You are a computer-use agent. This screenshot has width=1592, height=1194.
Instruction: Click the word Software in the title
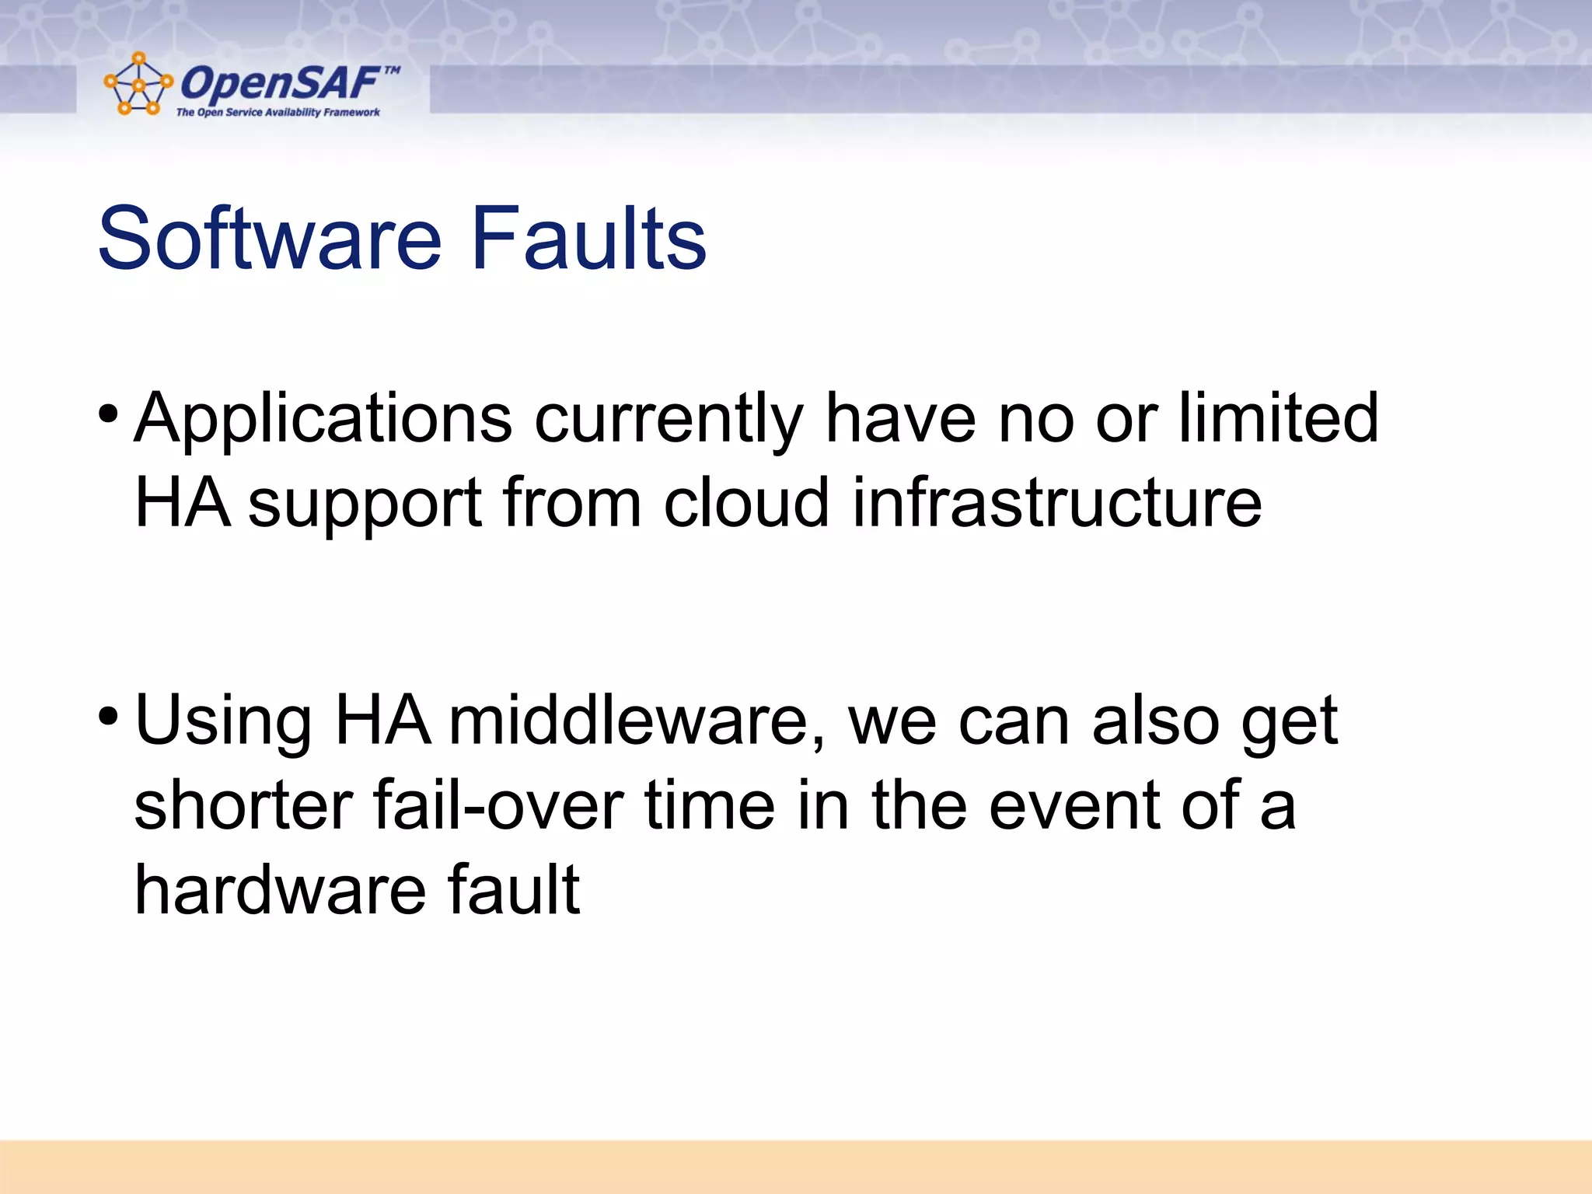269,239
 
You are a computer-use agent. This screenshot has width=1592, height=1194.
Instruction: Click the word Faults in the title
588,239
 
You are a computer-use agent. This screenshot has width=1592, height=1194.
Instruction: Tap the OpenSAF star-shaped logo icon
138,84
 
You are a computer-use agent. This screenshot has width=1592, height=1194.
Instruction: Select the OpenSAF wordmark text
280,83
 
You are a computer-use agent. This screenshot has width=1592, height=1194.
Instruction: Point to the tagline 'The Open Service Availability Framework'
278,113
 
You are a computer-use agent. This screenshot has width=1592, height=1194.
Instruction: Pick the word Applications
323,420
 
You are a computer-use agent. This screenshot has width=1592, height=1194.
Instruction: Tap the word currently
668,420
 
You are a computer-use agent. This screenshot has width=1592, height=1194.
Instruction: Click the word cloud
746,503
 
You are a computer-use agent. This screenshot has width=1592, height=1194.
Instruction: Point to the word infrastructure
1056,503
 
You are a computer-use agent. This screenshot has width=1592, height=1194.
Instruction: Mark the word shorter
243,806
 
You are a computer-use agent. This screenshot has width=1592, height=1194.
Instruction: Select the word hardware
280,890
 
